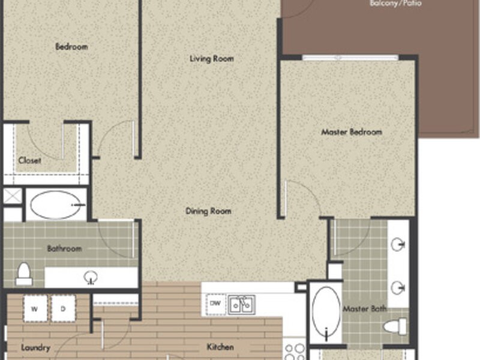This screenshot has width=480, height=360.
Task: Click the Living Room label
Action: (212, 58)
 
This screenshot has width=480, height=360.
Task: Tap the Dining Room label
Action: (208, 211)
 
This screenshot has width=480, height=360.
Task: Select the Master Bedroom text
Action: (352, 132)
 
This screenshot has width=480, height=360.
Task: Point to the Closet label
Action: (29, 160)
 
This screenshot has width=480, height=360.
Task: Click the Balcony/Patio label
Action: (395, 4)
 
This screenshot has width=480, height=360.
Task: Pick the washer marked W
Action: (35, 308)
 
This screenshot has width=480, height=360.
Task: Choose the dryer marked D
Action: (63, 308)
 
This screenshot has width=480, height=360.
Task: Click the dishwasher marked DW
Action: (215, 304)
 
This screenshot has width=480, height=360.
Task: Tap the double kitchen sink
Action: (241, 305)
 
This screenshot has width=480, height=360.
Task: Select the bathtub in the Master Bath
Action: (326, 313)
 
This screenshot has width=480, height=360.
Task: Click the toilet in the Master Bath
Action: (395, 326)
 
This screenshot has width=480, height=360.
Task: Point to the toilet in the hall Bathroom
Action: (24, 274)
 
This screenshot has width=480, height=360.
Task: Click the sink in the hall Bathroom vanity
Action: (91, 277)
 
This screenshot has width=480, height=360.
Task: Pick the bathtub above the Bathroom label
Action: (56, 205)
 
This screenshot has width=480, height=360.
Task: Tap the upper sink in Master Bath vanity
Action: (398, 245)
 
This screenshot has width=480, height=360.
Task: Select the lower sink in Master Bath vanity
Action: (398, 288)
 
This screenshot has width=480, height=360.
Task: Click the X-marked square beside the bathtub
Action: (13, 196)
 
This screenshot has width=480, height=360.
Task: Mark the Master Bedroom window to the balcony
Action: (350, 58)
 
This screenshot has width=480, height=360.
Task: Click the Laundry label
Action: (35, 348)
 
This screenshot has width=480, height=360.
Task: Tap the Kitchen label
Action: (220, 347)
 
